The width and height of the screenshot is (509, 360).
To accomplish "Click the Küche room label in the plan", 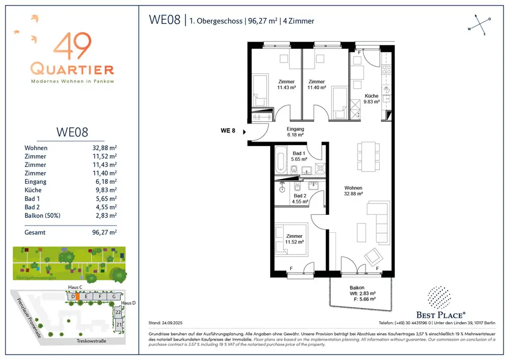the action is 372,96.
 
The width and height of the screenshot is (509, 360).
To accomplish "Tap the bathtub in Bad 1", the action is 280,159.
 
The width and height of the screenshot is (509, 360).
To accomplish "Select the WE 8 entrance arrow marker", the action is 244,132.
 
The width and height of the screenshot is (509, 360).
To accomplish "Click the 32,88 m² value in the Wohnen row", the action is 104,148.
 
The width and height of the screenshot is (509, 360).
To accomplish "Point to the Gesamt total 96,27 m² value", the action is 104,232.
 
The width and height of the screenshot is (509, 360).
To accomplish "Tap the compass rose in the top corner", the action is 479,24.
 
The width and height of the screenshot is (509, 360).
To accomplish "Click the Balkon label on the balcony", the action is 357,288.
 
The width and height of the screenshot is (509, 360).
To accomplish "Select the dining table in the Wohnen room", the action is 369,156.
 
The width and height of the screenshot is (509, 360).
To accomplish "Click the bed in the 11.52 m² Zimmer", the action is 291,239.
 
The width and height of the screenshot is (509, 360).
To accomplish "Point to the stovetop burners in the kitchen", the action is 386,69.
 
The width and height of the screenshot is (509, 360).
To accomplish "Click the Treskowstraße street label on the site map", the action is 91,341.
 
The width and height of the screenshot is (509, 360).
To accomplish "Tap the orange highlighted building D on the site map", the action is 77,297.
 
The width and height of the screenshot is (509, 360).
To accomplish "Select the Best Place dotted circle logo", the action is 439,297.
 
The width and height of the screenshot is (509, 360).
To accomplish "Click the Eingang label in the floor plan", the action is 295,129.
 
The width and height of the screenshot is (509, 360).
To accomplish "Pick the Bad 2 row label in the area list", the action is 32,207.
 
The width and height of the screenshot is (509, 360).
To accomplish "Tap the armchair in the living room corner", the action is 374,257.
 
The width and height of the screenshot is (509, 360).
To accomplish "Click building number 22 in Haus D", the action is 118,312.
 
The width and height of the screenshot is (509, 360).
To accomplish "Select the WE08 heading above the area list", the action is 72,132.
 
